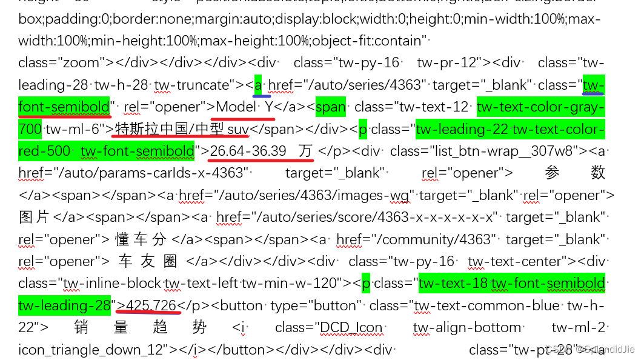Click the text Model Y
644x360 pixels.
(242, 107)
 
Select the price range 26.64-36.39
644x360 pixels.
(248, 150)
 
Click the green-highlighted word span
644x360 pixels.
(331, 107)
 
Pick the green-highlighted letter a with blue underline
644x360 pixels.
(258, 85)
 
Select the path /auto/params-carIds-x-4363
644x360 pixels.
(149, 173)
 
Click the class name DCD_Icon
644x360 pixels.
(352, 327)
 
